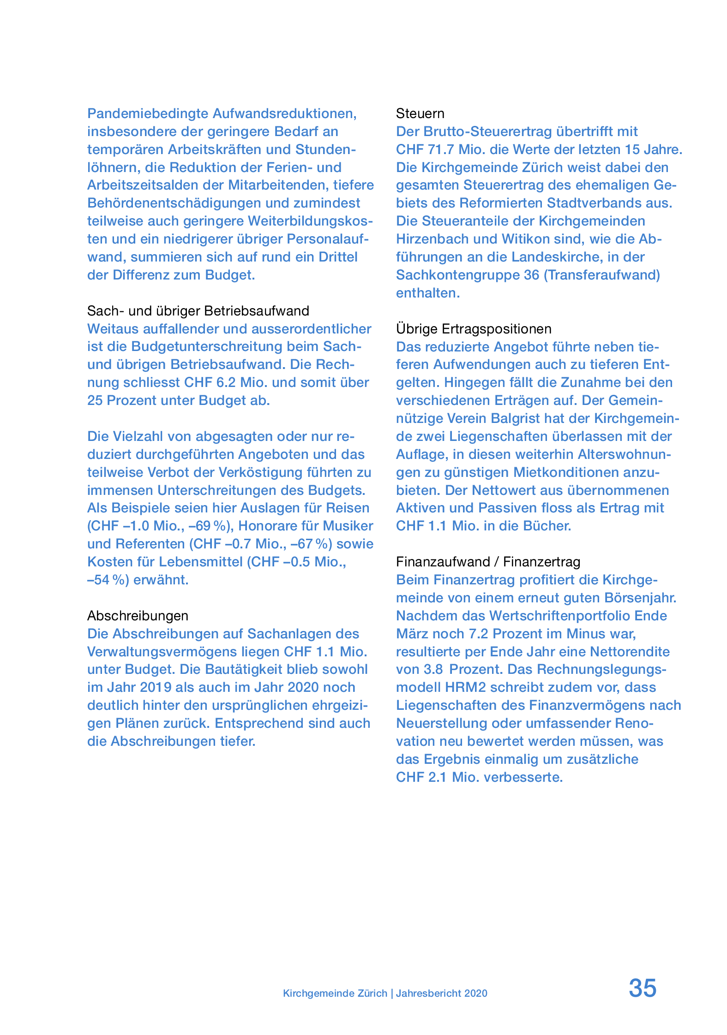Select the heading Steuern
(420, 113)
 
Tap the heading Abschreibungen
(138, 616)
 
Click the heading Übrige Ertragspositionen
(474, 329)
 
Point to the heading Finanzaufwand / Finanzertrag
(488, 562)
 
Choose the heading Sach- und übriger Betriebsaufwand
(198, 311)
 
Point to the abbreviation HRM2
(465, 687)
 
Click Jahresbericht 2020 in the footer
(441, 993)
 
